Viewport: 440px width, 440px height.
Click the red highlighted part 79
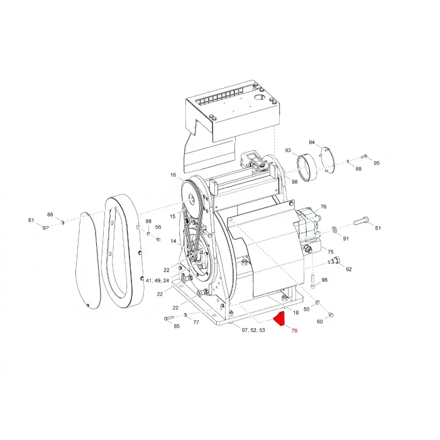pos(280,319)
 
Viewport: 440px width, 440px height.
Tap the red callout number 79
pos(294,331)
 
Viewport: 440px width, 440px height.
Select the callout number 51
pos(378,228)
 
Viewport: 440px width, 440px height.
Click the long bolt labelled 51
pos(361,221)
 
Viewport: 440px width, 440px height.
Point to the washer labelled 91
pos(334,229)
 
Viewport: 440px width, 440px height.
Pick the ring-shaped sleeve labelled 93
pos(307,168)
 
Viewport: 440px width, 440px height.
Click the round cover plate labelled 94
pos(327,160)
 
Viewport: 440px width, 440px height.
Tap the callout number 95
pos(377,163)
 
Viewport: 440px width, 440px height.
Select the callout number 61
pos(31,220)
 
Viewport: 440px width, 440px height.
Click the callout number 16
pos(173,175)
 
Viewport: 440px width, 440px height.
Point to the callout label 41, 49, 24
pos(157,280)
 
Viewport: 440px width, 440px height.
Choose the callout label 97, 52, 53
pos(253,330)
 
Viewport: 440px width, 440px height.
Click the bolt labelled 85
pos(168,318)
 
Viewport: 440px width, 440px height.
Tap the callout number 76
pos(324,207)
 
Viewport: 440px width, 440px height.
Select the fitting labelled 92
pos(334,260)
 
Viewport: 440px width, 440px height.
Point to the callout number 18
pos(296,312)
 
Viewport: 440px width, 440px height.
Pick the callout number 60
pos(319,322)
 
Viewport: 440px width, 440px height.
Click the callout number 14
pos(173,241)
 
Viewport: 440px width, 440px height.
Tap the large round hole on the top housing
pos(260,97)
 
